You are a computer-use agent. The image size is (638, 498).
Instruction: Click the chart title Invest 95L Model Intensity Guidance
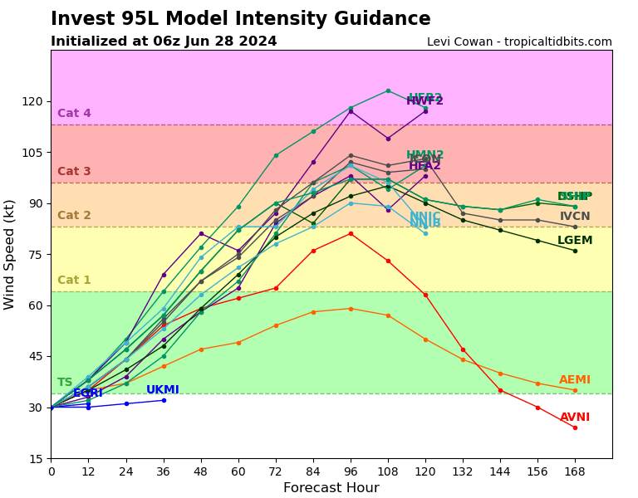(x=240, y=19)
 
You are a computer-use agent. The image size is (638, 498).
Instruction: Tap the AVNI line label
(x=575, y=417)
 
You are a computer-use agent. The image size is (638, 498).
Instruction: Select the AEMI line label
(x=575, y=380)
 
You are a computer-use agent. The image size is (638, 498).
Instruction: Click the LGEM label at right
(x=575, y=241)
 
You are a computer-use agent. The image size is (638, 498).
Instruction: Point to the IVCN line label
(x=575, y=217)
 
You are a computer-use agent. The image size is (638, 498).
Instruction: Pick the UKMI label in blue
(x=163, y=390)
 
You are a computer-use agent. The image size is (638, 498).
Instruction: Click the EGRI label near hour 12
(x=88, y=393)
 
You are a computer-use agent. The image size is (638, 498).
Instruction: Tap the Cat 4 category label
(x=74, y=114)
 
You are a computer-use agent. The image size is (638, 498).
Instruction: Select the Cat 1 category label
(x=74, y=281)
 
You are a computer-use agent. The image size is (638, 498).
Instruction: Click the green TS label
(x=65, y=383)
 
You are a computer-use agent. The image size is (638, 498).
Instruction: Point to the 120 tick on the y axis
(x=32, y=101)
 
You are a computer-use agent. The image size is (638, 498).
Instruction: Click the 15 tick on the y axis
(x=37, y=458)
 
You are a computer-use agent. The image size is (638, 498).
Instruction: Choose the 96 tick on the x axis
(x=351, y=471)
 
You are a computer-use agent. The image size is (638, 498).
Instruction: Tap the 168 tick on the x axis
(x=575, y=471)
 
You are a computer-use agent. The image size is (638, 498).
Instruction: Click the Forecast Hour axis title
(x=331, y=488)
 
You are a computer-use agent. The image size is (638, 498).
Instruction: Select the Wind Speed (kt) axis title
(x=10, y=254)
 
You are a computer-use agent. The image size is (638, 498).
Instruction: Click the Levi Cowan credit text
(x=519, y=42)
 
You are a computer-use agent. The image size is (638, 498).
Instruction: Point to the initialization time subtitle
(x=164, y=41)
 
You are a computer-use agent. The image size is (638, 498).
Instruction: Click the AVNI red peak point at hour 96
(x=351, y=233)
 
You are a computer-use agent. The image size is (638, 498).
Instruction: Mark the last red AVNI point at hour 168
(x=575, y=427)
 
